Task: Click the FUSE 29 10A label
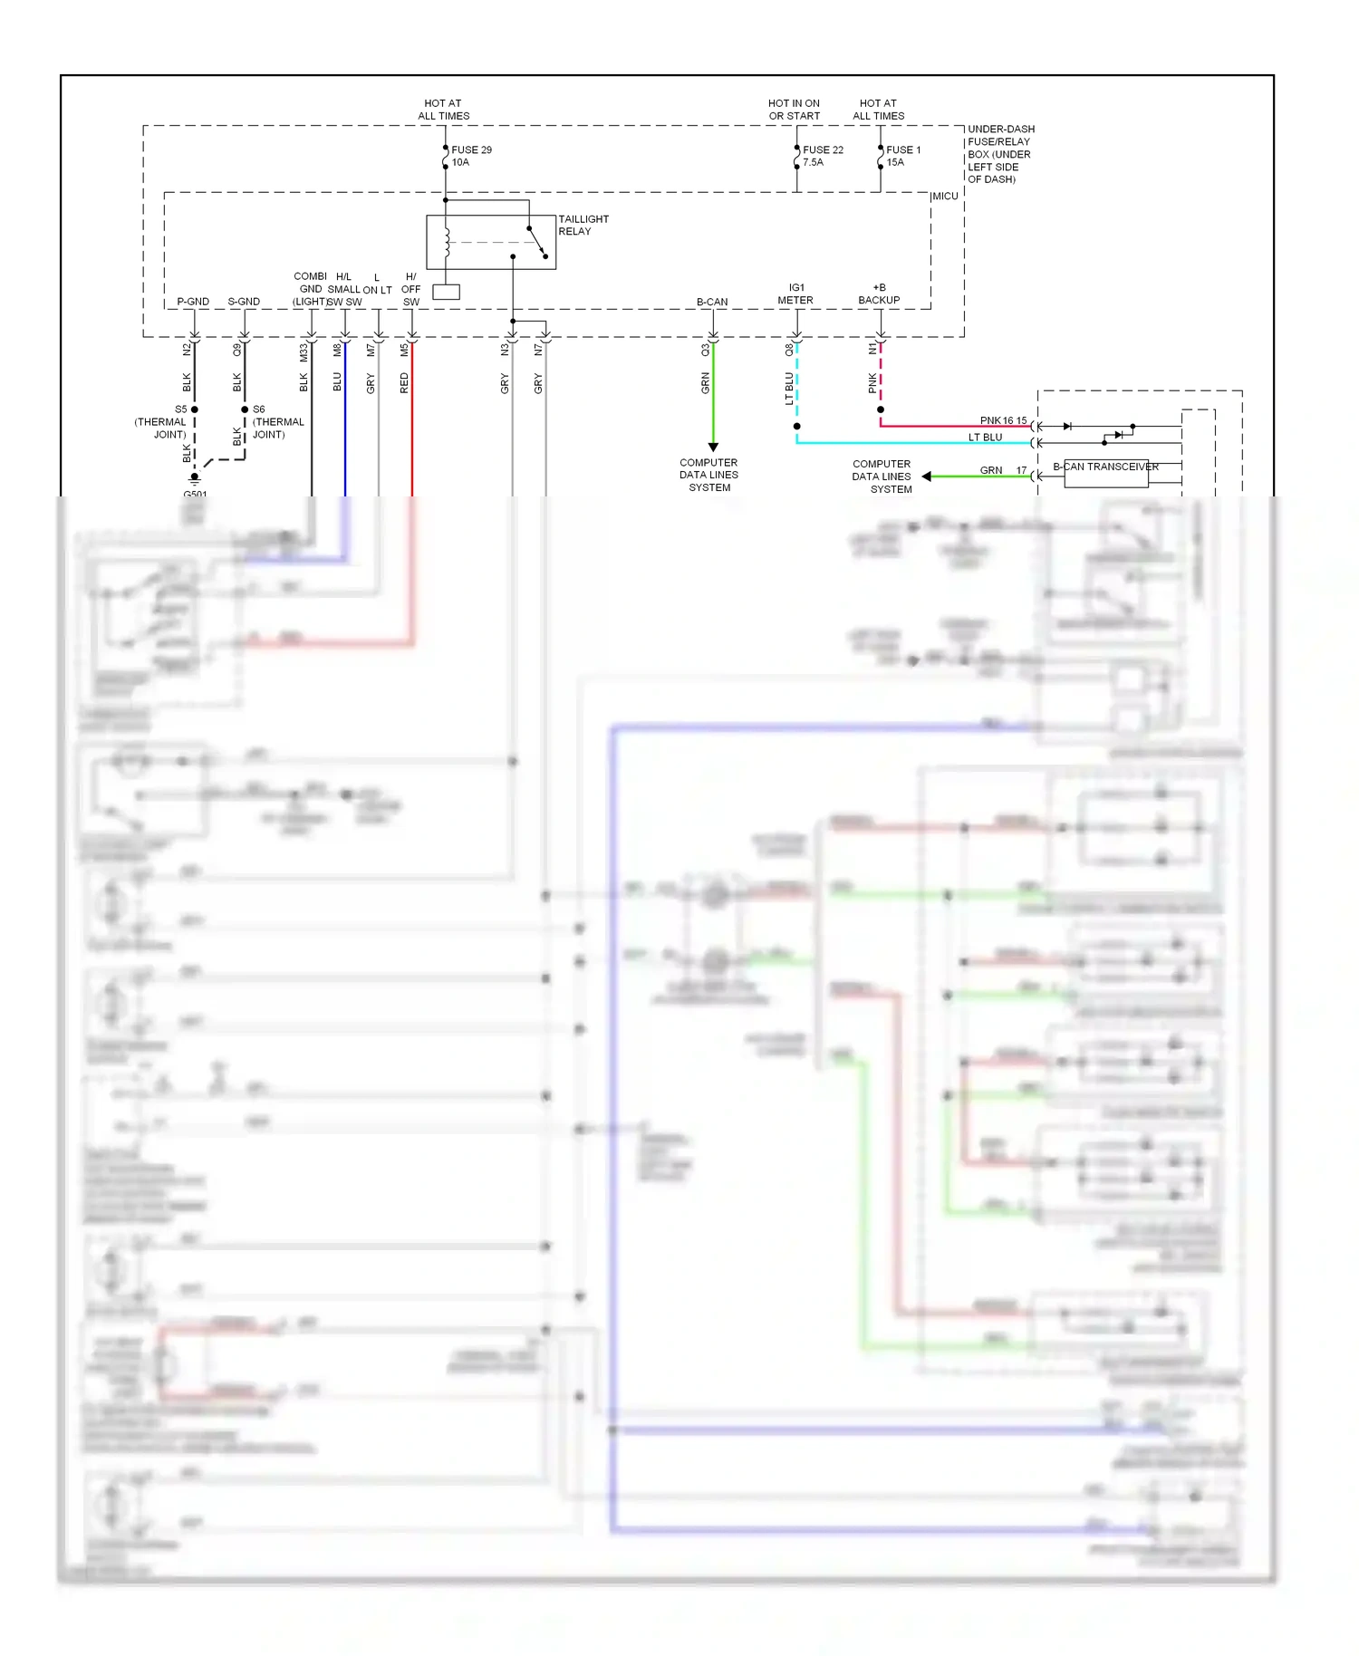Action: [x=470, y=156]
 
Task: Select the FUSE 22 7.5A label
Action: [x=822, y=156]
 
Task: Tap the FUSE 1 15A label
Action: [x=902, y=156]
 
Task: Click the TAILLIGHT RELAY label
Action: [x=583, y=225]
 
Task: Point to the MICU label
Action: [x=945, y=197]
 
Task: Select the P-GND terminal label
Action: [x=193, y=302]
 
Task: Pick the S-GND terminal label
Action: [x=244, y=302]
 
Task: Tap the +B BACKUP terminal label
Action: [x=879, y=294]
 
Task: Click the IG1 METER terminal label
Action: [x=795, y=294]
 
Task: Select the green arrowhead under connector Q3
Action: [x=713, y=447]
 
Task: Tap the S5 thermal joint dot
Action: [x=195, y=409]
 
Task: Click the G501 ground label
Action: [x=195, y=494]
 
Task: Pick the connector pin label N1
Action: [x=873, y=349]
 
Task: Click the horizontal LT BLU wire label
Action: [x=985, y=438]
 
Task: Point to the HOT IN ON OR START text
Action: [x=794, y=110]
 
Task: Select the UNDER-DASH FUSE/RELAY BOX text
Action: [x=999, y=154]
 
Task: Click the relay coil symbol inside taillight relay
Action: [x=446, y=242]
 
